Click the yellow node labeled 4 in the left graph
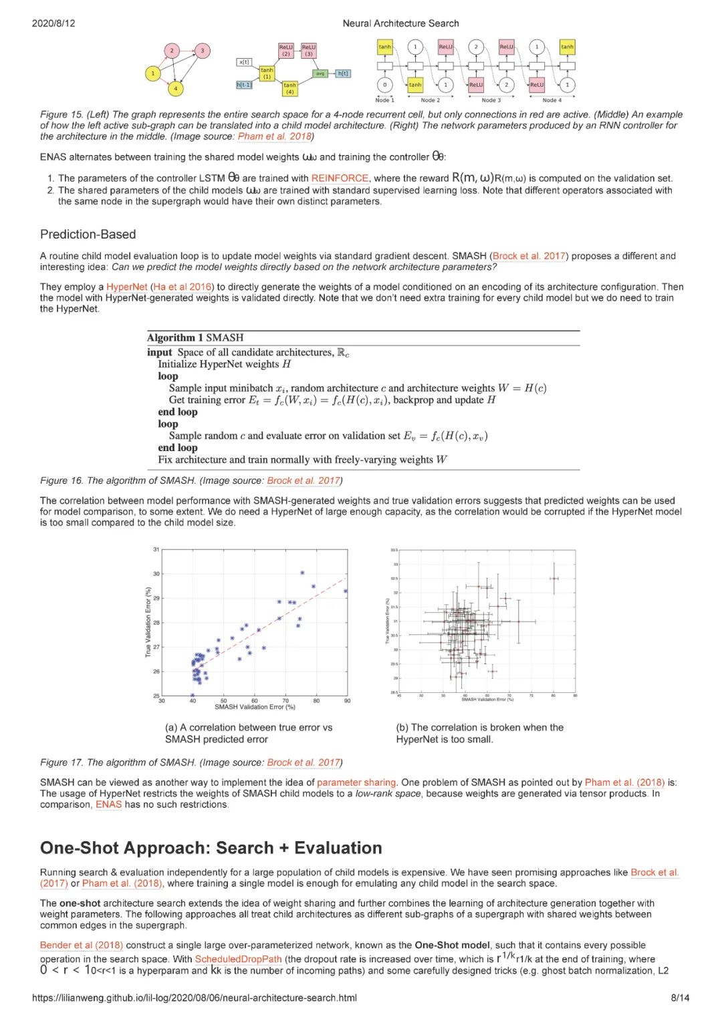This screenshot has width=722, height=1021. [175, 88]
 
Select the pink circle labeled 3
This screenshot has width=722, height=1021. [202, 51]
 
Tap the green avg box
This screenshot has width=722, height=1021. [320, 74]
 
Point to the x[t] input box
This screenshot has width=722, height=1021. [244, 62]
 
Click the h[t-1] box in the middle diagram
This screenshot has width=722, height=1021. [244, 85]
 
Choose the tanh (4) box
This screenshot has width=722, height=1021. [289, 88]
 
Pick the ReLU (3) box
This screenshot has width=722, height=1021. [308, 50]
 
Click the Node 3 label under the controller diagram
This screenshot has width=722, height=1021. [491, 100]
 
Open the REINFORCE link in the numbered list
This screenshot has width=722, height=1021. [340, 178]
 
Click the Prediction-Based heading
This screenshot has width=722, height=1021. [88, 235]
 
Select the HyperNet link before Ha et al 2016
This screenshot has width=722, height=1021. [126, 287]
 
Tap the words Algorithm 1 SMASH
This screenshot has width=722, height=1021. [195, 338]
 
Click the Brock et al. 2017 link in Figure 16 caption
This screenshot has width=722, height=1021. [303, 480]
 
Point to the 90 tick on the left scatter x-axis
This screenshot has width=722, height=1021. [347, 701]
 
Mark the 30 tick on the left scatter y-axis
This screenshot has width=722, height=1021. [156, 574]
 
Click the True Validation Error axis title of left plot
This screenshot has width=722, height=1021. [148, 622]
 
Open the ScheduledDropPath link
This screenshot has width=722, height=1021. [238, 959]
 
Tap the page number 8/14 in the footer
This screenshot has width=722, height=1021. [680, 998]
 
